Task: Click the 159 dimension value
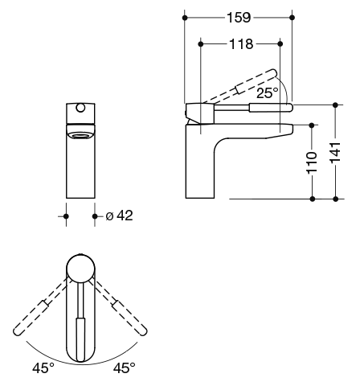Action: (x=239, y=18)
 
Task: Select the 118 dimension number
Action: (x=241, y=44)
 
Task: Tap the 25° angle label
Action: (x=268, y=92)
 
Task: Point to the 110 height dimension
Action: (x=312, y=162)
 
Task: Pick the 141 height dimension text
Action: (x=335, y=153)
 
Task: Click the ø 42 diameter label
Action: (x=120, y=216)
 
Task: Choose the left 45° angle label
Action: (x=43, y=368)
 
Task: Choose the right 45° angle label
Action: (x=125, y=368)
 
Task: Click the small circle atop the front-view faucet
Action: (x=80, y=108)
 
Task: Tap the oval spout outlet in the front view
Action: (x=80, y=136)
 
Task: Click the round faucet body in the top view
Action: (x=80, y=269)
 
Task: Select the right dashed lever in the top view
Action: (x=120, y=306)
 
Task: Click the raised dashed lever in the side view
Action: (x=239, y=87)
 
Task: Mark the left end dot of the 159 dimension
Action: (x=185, y=18)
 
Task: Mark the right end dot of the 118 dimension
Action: (x=280, y=43)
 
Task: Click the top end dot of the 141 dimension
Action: (x=335, y=105)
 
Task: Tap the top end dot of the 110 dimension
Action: (x=312, y=125)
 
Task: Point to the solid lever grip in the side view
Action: (x=271, y=108)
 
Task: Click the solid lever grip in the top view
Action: (x=80, y=340)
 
